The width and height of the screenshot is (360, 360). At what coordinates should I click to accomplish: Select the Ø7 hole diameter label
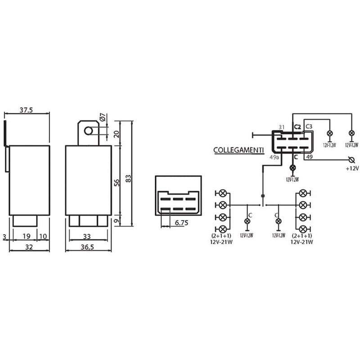[103, 118]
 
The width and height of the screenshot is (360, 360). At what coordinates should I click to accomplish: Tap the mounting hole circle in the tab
[89, 130]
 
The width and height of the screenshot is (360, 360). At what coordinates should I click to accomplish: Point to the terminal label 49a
[274, 158]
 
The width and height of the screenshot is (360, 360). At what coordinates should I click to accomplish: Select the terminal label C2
[297, 127]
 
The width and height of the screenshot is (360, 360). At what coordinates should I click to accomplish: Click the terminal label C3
[309, 127]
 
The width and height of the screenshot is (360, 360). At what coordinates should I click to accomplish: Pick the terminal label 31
[282, 127]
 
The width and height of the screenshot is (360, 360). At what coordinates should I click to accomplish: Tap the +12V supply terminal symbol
[351, 159]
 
